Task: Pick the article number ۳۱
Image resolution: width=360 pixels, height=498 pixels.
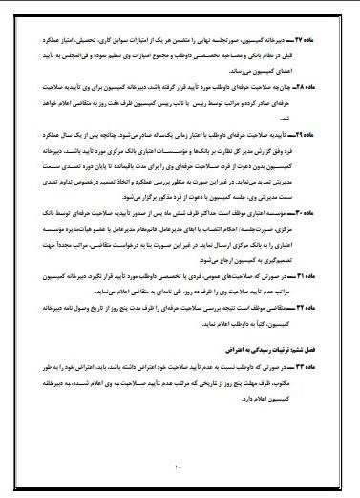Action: (314, 301)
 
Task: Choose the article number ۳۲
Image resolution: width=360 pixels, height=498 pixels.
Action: (314, 337)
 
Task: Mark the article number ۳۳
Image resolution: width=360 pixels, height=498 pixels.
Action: (314, 392)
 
